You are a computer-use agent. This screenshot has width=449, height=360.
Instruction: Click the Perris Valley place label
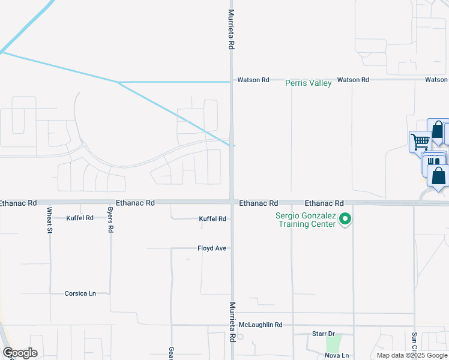(x=309, y=83)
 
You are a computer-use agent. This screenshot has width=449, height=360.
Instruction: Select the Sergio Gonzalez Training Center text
(x=304, y=220)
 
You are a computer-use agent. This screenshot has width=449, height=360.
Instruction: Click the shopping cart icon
(x=420, y=142)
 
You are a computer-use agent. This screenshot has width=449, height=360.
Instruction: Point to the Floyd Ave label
(x=212, y=248)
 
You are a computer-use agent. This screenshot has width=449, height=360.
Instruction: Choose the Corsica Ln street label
(x=80, y=293)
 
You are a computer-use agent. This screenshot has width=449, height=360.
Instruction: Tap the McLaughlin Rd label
(x=261, y=325)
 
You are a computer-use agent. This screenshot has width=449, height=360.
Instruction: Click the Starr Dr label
(x=323, y=333)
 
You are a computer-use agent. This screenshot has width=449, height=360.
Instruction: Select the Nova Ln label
(x=337, y=355)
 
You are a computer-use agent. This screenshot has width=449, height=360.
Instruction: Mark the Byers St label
(x=110, y=220)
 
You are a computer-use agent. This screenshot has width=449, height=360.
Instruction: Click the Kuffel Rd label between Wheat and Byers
(x=80, y=218)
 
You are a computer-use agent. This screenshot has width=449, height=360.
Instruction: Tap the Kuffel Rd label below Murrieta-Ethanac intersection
(x=212, y=219)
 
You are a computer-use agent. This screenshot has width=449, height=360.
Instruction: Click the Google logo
(x=20, y=353)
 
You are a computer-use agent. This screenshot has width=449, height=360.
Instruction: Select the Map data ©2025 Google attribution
(x=412, y=355)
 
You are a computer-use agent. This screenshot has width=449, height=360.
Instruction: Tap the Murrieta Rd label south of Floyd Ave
(x=232, y=322)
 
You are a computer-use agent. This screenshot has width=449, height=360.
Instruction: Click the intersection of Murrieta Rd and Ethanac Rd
(x=232, y=202)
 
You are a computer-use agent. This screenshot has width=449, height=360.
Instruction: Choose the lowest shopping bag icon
(x=439, y=176)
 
